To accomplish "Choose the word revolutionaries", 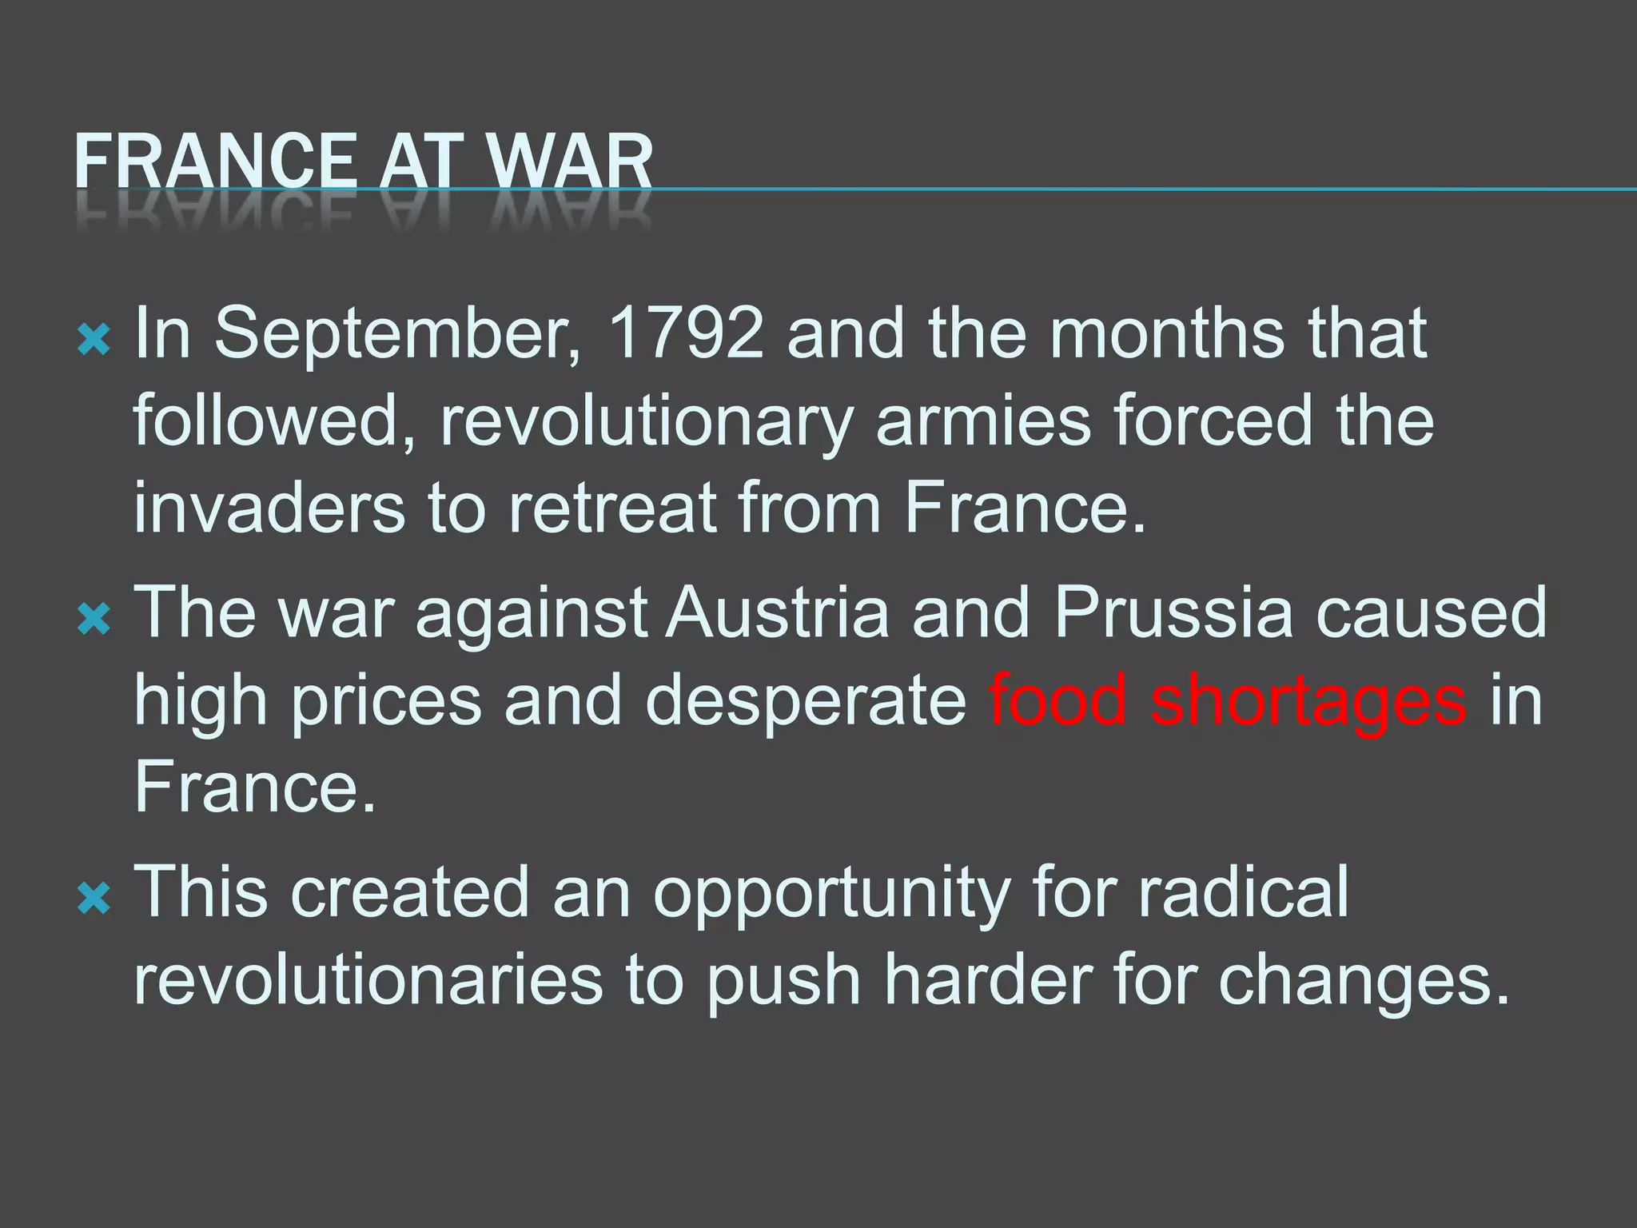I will pyautogui.click(x=368, y=980).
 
